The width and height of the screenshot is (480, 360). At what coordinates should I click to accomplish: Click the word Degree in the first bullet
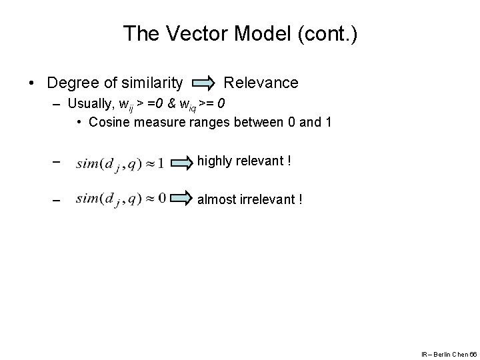tap(72, 83)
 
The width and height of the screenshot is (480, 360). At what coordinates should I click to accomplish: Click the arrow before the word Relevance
tap(203, 83)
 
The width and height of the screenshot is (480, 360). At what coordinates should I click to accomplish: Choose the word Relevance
tap(261, 83)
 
